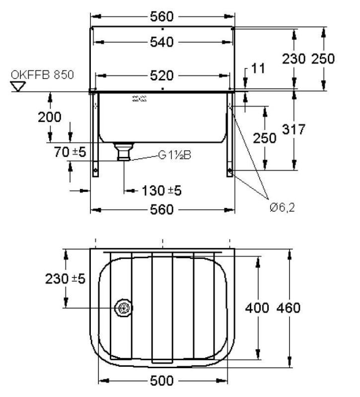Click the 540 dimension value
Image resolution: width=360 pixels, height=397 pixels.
click(x=162, y=43)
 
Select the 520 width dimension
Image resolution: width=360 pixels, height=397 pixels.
click(x=162, y=76)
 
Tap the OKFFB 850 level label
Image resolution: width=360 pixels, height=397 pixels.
click(x=42, y=75)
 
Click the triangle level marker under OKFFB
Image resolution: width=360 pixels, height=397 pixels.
click(x=19, y=87)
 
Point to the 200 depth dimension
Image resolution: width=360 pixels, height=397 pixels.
click(x=50, y=117)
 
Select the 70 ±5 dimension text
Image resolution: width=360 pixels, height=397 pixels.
click(x=70, y=153)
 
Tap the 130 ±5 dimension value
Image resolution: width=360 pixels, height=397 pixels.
click(x=161, y=191)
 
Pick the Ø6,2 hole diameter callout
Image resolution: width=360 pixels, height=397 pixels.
click(x=282, y=207)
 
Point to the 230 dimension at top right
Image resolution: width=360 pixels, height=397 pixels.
click(x=294, y=59)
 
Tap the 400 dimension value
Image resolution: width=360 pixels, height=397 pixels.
click(x=258, y=308)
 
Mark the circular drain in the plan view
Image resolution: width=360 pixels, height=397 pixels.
click(x=123, y=308)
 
